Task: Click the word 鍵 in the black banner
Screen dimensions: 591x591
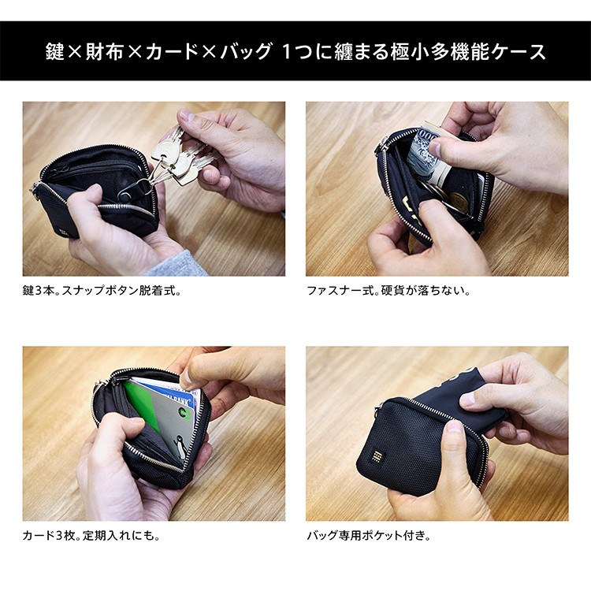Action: pyautogui.click(x=56, y=53)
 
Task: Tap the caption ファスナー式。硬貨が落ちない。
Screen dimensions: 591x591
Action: pyautogui.click(x=388, y=290)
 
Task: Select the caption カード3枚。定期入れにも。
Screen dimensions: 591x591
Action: pyautogui.click(x=91, y=536)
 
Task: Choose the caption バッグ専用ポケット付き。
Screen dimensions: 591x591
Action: pyautogui.click(x=369, y=536)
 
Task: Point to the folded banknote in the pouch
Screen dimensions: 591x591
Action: pyautogui.click(x=423, y=154)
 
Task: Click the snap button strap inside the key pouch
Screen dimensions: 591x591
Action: pyautogui.click(x=131, y=189)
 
